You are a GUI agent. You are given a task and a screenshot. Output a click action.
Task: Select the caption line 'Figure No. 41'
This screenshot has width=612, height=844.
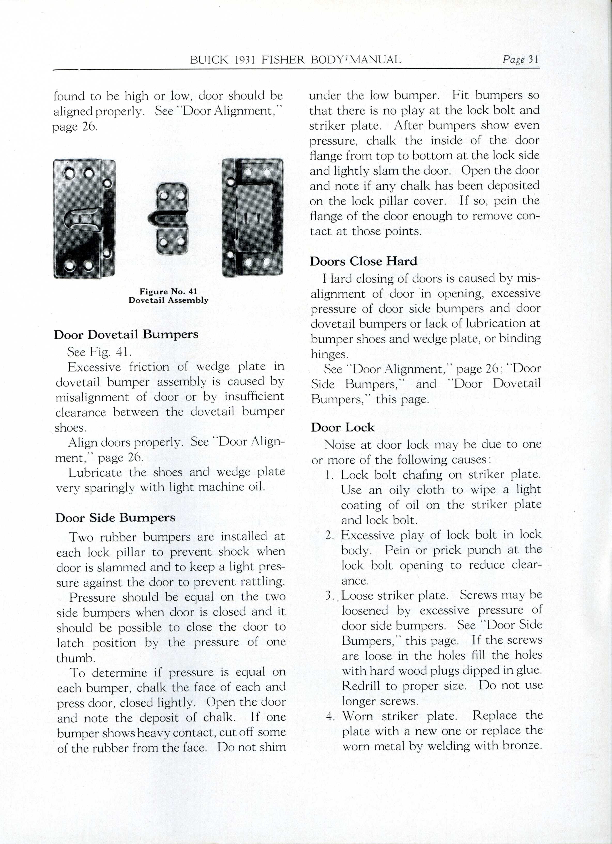(168, 291)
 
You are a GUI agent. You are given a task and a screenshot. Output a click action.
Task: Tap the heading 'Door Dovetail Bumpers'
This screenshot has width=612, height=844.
(126, 334)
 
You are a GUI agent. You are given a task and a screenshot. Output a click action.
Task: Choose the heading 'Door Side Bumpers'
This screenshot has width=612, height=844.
(115, 518)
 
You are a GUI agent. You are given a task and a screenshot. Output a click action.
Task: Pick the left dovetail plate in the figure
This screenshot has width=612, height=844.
(85, 219)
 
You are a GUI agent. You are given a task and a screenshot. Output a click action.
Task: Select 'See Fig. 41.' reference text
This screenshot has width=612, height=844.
(99, 352)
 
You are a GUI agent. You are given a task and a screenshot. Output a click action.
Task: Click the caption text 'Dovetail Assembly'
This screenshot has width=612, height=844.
(168, 300)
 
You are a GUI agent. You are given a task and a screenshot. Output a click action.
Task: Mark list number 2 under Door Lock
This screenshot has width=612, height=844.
(330, 536)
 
